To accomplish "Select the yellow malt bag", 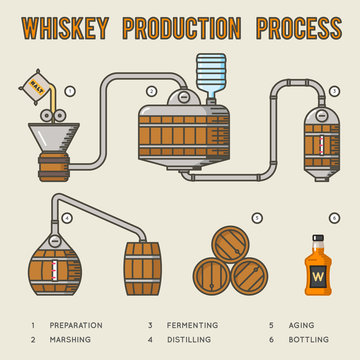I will click(41, 80).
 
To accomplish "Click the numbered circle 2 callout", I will click(151, 91).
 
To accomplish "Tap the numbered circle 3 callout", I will click(335, 92).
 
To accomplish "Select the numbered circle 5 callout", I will click(257, 217).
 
